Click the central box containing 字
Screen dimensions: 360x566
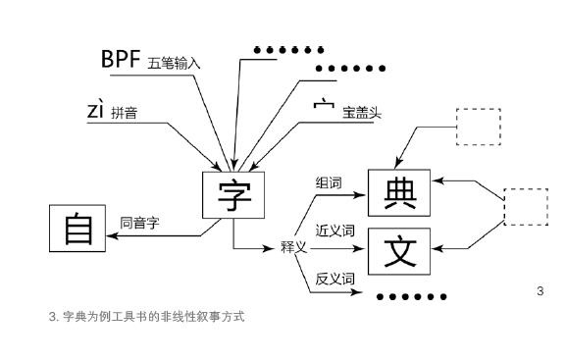coord(232,196)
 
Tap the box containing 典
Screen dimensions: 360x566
coord(399,192)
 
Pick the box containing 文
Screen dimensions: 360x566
coord(399,250)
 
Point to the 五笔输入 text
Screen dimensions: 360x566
coord(175,64)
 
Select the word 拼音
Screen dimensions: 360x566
coord(125,114)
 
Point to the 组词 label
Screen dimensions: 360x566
coord(329,182)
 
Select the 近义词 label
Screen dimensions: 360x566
coord(334,231)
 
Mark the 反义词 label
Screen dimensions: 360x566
coord(334,278)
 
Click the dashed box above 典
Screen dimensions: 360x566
coord(480,127)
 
